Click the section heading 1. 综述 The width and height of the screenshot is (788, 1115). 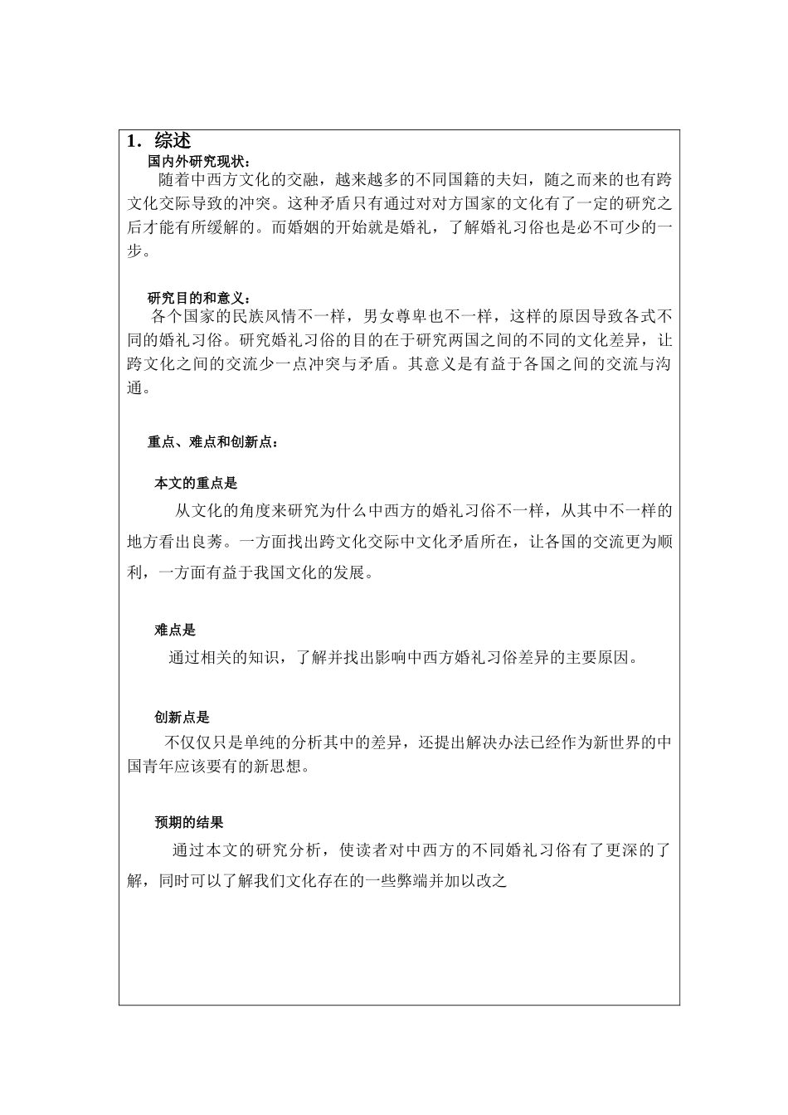158,141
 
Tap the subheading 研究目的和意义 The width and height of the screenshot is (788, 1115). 198,299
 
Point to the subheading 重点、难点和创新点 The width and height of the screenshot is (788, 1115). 213,442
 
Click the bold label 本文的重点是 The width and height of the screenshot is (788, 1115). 196,484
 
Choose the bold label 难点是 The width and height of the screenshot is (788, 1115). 175,631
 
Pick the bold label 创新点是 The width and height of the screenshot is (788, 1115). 182,718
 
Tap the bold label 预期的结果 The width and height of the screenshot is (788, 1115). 189,823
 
